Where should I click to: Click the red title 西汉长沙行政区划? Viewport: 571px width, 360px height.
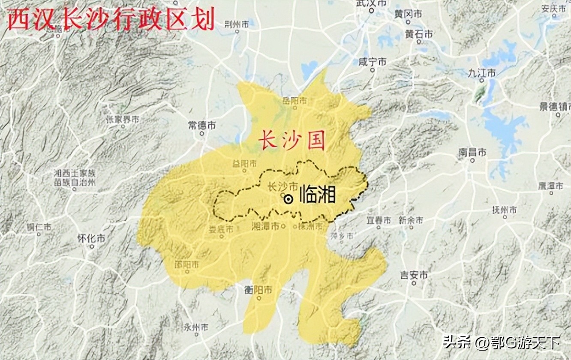click(111, 21)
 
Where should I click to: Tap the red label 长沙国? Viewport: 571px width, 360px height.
click(291, 141)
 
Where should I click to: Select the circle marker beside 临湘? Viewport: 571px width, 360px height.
click(289, 199)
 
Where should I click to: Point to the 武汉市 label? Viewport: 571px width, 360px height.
click(372, 3)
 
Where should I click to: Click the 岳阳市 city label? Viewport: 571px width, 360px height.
click(295, 101)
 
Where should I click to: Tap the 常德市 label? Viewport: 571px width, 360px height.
click(202, 126)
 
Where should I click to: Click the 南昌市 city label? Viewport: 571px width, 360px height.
click(472, 152)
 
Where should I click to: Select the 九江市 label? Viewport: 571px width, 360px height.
click(481, 73)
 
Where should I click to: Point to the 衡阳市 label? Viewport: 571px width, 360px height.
click(258, 290)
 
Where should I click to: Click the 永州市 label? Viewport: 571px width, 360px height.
click(195, 327)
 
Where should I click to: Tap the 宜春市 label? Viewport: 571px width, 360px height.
click(379, 221)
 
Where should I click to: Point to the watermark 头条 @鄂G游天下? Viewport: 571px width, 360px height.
click(502, 342)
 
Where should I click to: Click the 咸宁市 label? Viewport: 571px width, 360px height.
click(372, 62)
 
